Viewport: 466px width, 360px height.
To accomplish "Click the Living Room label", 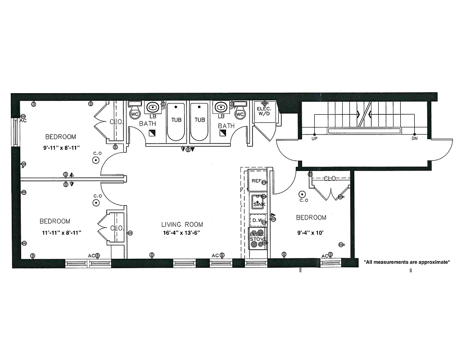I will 182,224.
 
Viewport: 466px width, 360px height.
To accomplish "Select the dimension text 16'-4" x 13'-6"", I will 182,233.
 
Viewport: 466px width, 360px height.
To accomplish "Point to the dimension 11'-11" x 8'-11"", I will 61,232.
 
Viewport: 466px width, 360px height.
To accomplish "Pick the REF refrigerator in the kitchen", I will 257,181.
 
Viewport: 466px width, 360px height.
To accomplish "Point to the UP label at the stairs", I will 314,139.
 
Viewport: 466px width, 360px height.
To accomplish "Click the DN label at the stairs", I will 414,139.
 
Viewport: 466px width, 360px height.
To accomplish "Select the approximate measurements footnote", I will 407,261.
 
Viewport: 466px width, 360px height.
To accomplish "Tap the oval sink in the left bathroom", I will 152,107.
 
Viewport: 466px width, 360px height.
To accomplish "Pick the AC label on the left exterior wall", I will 23,121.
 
